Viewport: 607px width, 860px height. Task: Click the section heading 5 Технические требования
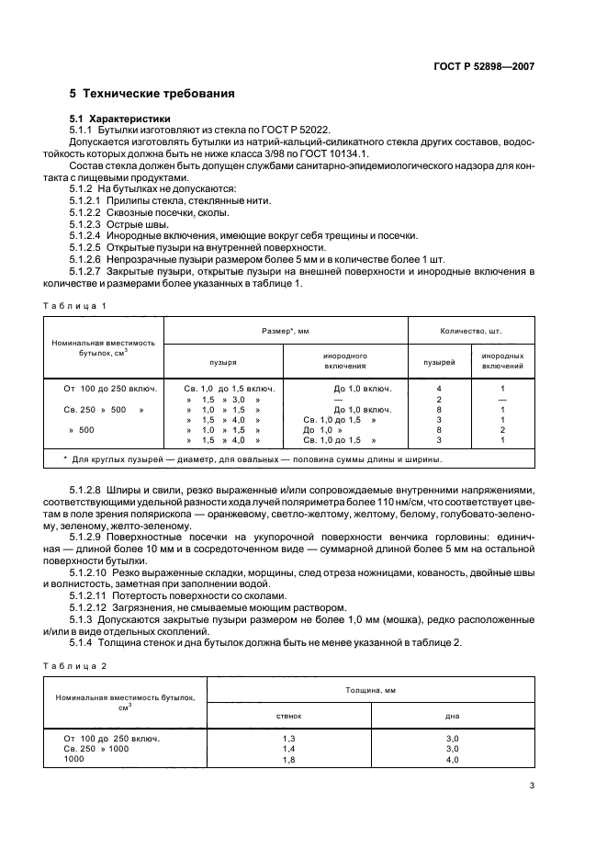[152, 94]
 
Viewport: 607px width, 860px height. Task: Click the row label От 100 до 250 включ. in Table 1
[103, 388]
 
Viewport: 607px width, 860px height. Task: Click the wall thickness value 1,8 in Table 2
[289, 760]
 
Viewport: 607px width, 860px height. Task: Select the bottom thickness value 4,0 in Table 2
[452, 760]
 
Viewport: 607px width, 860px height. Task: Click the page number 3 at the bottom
[533, 786]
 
